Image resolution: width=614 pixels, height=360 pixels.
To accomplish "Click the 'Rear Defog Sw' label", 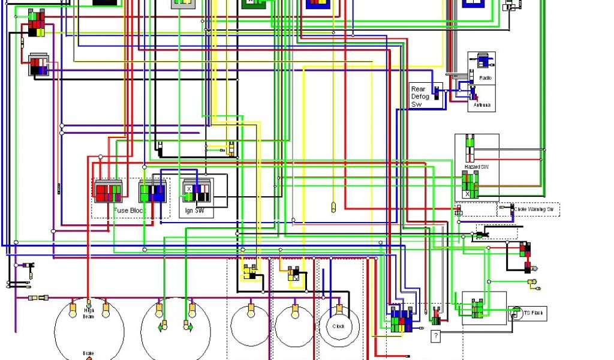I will (419, 96).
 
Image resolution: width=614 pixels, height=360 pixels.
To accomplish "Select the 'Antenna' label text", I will (482, 106).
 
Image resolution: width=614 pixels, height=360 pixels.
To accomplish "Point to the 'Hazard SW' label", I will (477, 166).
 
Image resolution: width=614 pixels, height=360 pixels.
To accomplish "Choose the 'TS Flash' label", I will (535, 313).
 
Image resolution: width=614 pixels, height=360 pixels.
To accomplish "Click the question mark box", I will (436, 336).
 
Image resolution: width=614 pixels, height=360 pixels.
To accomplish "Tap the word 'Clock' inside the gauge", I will (339, 327).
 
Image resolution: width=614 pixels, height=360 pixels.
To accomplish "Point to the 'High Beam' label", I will (89, 313).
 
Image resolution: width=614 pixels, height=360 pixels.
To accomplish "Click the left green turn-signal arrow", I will (162, 327).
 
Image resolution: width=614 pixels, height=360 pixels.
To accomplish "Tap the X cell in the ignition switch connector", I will (189, 188).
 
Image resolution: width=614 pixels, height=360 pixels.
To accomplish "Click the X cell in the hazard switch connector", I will (468, 194).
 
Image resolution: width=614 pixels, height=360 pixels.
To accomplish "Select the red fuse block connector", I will (109, 192).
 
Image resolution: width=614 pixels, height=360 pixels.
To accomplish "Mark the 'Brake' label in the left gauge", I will (89, 353).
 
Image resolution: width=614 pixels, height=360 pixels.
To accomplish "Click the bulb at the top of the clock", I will (339, 310).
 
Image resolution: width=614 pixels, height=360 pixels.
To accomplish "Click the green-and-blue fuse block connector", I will (152, 193).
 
